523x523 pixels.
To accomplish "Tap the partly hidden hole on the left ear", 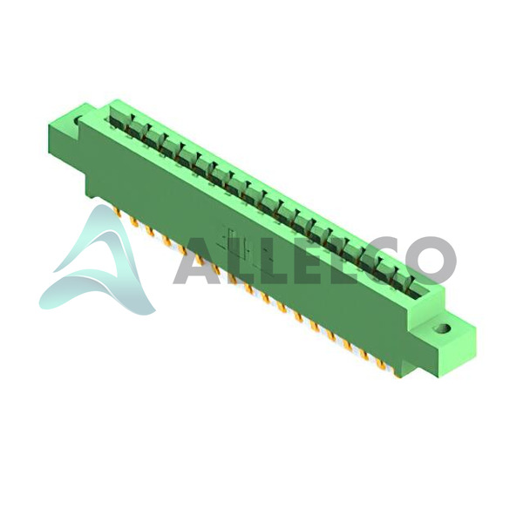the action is [78, 121].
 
